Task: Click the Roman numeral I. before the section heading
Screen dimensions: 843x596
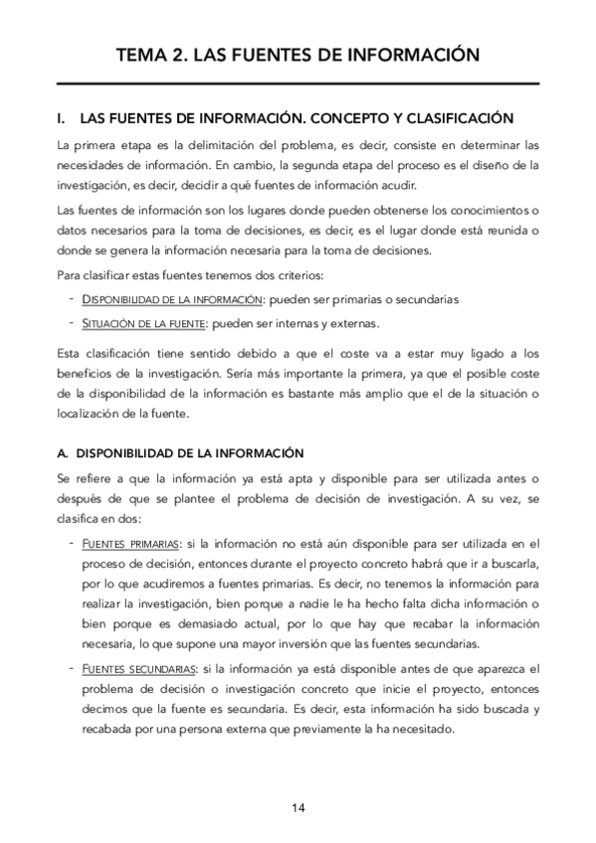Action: tap(63, 117)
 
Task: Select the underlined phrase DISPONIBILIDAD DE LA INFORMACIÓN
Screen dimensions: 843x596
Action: tap(170, 299)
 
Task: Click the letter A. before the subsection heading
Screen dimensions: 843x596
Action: tap(63, 454)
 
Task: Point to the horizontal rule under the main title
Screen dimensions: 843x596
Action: tap(298, 84)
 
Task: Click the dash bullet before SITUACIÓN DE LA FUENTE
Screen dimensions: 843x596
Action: tap(72, 323)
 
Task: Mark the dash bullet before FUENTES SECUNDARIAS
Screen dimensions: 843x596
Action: tap(72, 669)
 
